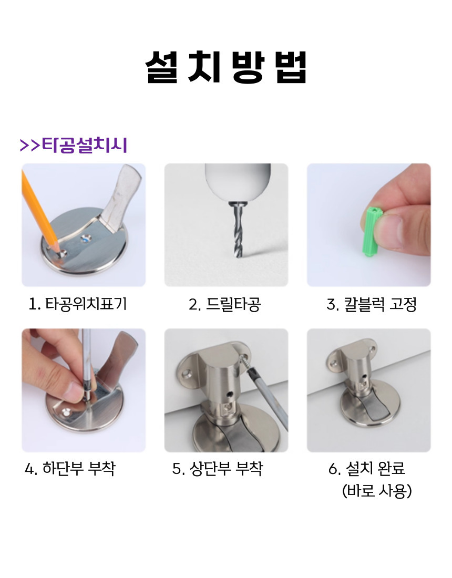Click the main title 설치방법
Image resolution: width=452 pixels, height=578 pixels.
pos(226,67)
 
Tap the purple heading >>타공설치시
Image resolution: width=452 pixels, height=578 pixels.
pos(74,145)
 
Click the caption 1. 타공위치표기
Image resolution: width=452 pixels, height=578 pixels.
pos(78,304)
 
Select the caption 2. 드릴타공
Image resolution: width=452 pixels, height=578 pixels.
pos(225,304)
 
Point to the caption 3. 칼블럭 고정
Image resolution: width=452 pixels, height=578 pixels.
pos(372,304)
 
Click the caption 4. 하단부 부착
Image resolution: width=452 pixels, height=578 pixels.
pos(70,469)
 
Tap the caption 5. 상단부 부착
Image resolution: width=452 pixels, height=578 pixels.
pos(218,469)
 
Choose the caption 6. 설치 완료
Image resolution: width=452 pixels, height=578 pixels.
pos(367,469)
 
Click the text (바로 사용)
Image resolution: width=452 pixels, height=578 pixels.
pos(377,491)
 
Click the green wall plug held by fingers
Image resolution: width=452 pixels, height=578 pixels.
pos(373,232)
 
